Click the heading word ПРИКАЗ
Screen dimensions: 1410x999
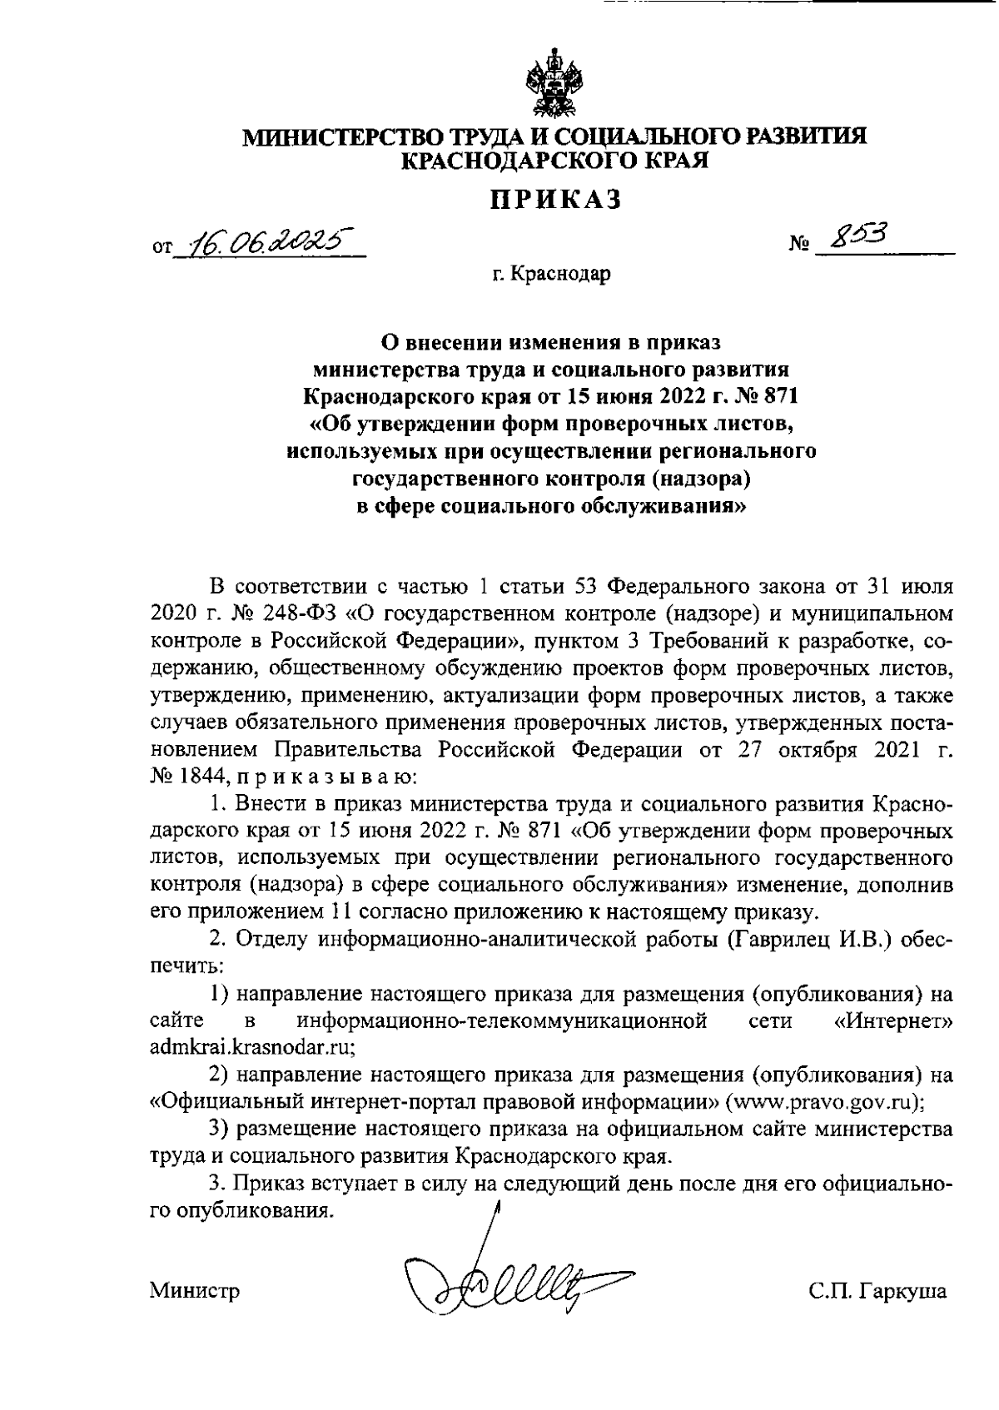(554, 200)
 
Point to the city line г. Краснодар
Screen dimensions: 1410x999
(550, 274)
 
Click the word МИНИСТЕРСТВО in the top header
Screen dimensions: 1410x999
(331, 136)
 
